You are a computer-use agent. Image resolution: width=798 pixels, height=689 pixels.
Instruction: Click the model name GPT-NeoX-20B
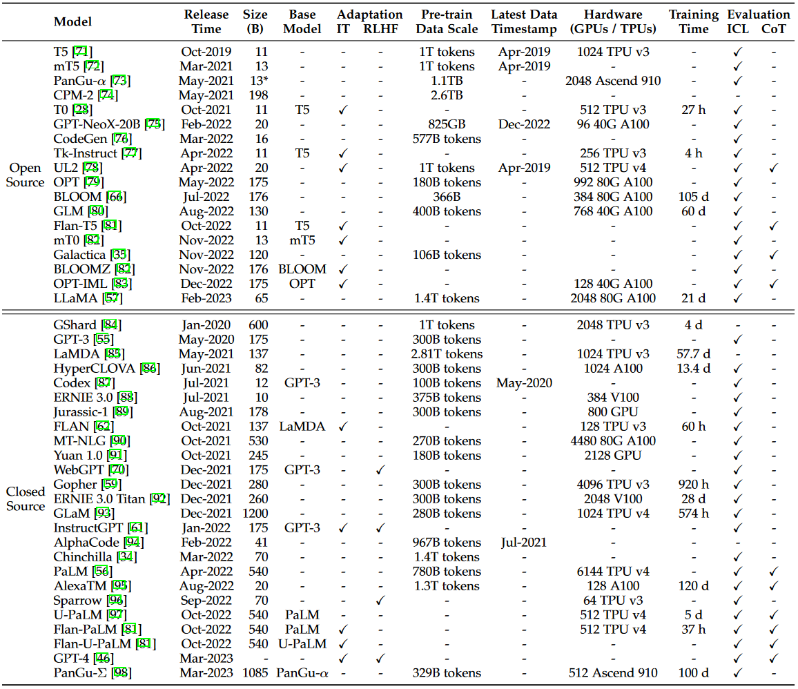[x=97, y=124]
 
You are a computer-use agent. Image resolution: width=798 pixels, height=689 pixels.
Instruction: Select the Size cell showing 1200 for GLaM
[x=255, y=513]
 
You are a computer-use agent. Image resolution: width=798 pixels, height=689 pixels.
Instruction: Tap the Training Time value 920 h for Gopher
[x=693, y=484]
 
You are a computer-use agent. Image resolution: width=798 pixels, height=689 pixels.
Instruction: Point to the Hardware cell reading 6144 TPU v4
[x=612, y=571]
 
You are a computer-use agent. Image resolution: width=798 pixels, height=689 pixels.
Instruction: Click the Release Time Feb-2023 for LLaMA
[x=206, y=298]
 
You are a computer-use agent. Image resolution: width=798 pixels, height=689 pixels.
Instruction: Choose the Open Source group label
[x=26, y=175]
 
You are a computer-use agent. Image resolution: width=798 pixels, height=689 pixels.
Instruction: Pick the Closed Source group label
[x=26, y=498]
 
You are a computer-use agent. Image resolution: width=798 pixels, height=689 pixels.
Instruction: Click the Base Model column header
[x=302, y=21]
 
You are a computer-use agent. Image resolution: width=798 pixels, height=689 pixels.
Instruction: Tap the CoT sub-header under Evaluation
[x=774, y=29]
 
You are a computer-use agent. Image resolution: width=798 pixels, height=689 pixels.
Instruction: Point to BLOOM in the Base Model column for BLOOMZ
[x=302, y=269]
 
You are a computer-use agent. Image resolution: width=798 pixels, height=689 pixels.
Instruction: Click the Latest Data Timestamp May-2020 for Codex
[x=524, y=382]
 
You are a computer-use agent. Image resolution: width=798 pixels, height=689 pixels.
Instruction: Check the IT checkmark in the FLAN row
[x=343, y=426]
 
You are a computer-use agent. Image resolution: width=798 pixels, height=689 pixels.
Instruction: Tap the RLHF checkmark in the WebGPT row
[x=380, y=469]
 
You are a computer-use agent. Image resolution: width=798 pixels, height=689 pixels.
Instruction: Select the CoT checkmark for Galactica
[x=774, y=255]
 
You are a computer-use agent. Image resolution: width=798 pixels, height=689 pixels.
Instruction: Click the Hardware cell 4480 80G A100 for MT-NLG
[x=612, y=440]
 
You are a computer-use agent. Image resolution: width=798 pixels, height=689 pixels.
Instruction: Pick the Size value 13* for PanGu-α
[x=255, y=81]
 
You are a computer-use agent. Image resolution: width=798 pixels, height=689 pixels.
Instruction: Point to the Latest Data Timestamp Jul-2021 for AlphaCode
[x=524, y=542]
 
